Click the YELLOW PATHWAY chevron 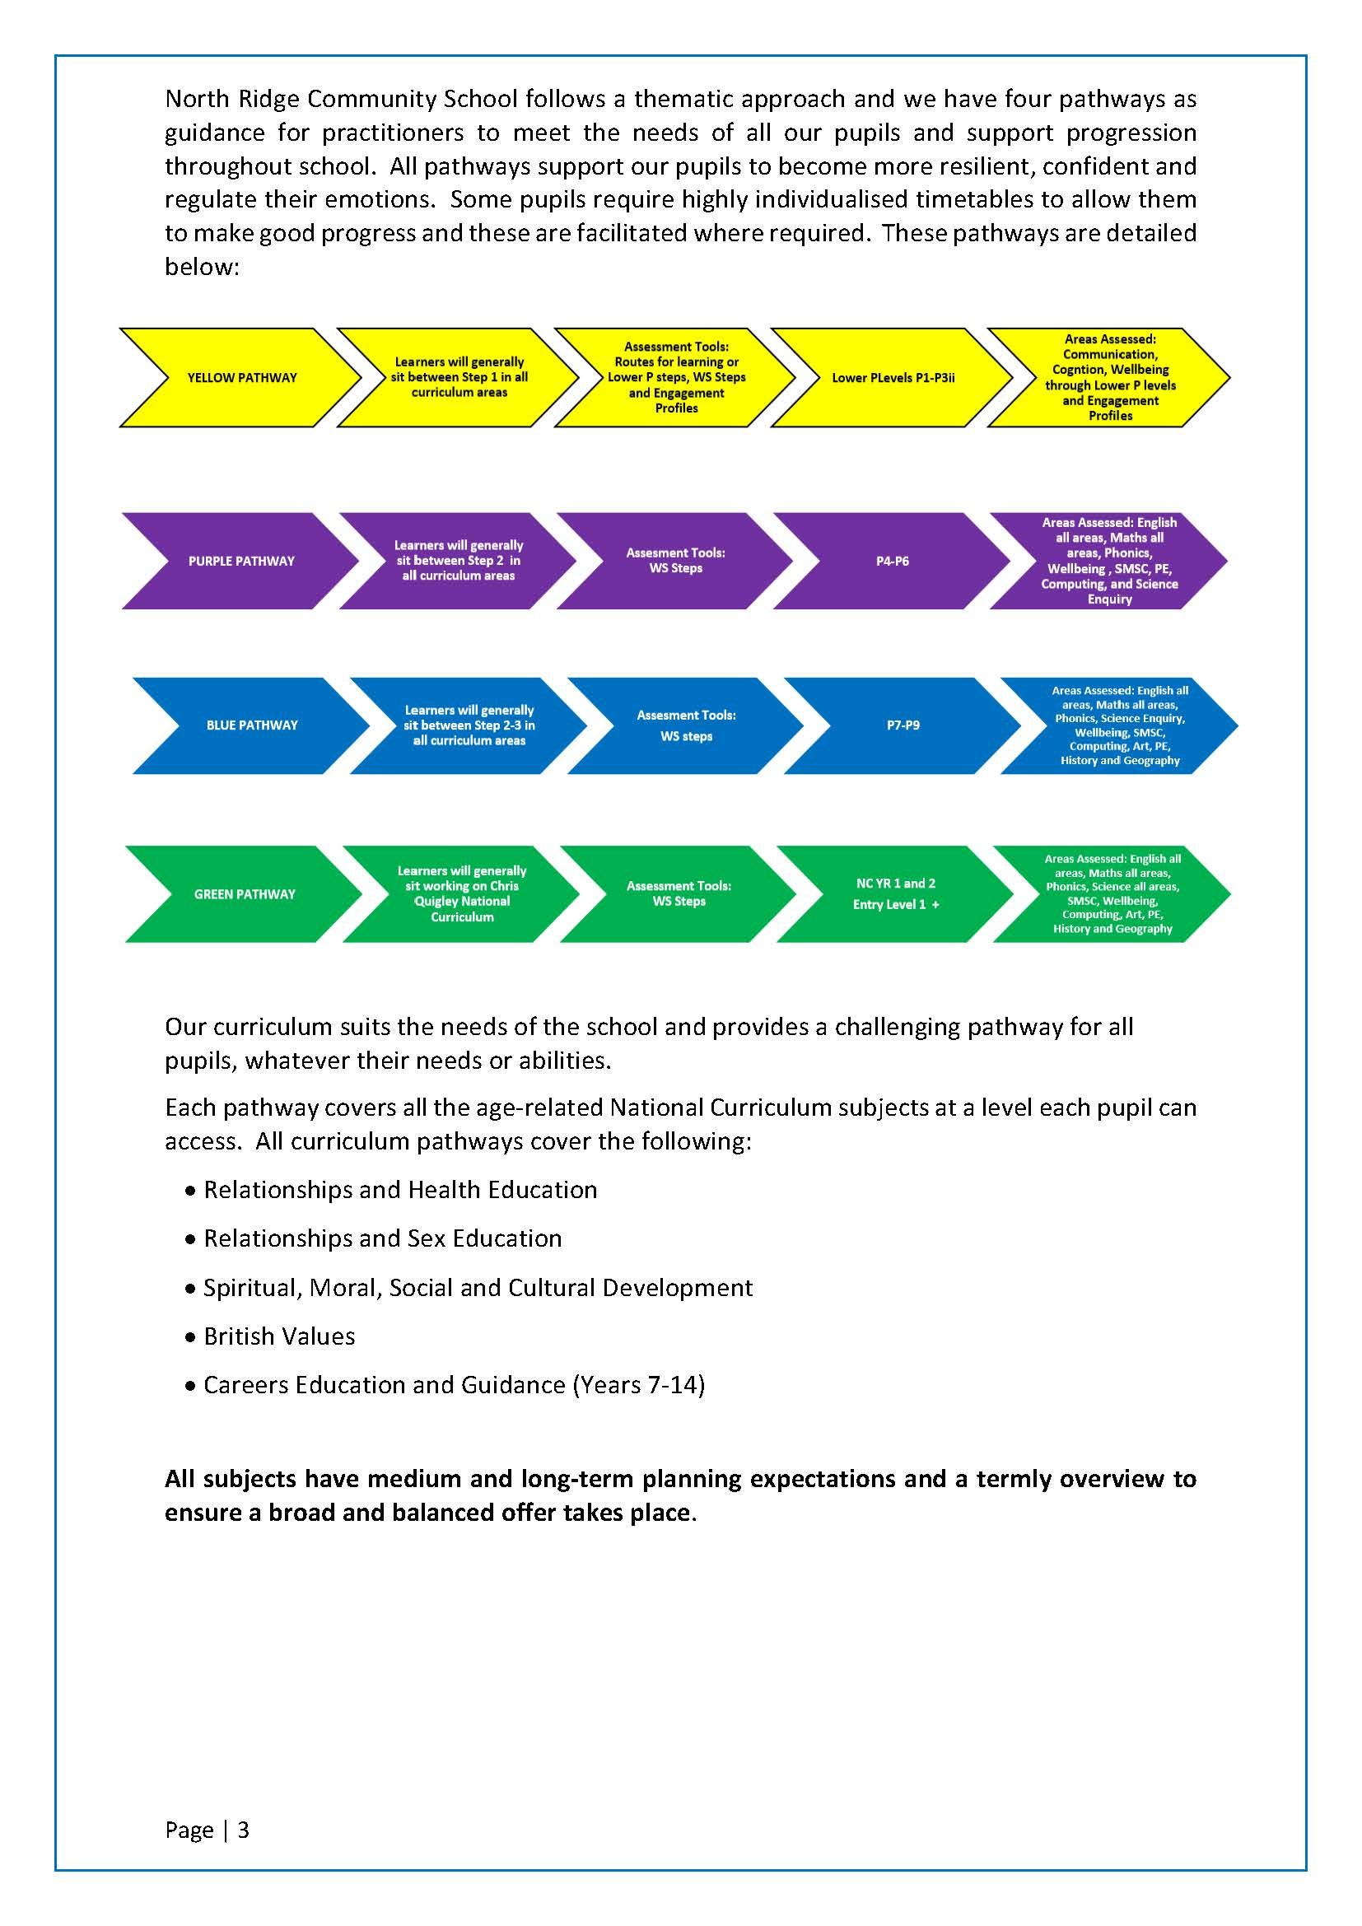[x=241, y=377]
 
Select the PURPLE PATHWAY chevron [x=241, y=562]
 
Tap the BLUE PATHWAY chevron [x=252, y=725]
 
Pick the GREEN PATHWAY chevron [x=244, y=894]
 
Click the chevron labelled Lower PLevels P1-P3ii [x=893, y=377]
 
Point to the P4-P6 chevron [x=893, y=562]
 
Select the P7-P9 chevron [x=903, y=725]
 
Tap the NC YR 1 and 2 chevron [x=896, y=894]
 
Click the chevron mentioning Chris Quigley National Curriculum [x=461, y=894]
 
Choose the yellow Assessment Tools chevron [x=676, y=377]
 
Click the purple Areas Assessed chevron [x=1108, y=562]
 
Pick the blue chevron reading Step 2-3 [x=469, y=725]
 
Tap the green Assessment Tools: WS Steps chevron [x=679, y=894]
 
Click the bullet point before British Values [x=189, y=1337]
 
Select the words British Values [x=279, y=1336]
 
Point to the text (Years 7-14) [x=638, y=1385]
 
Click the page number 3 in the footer [x=243, y=1830]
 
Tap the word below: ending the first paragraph [x=202, y=267]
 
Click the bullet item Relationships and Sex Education [x=382, y=1238]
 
